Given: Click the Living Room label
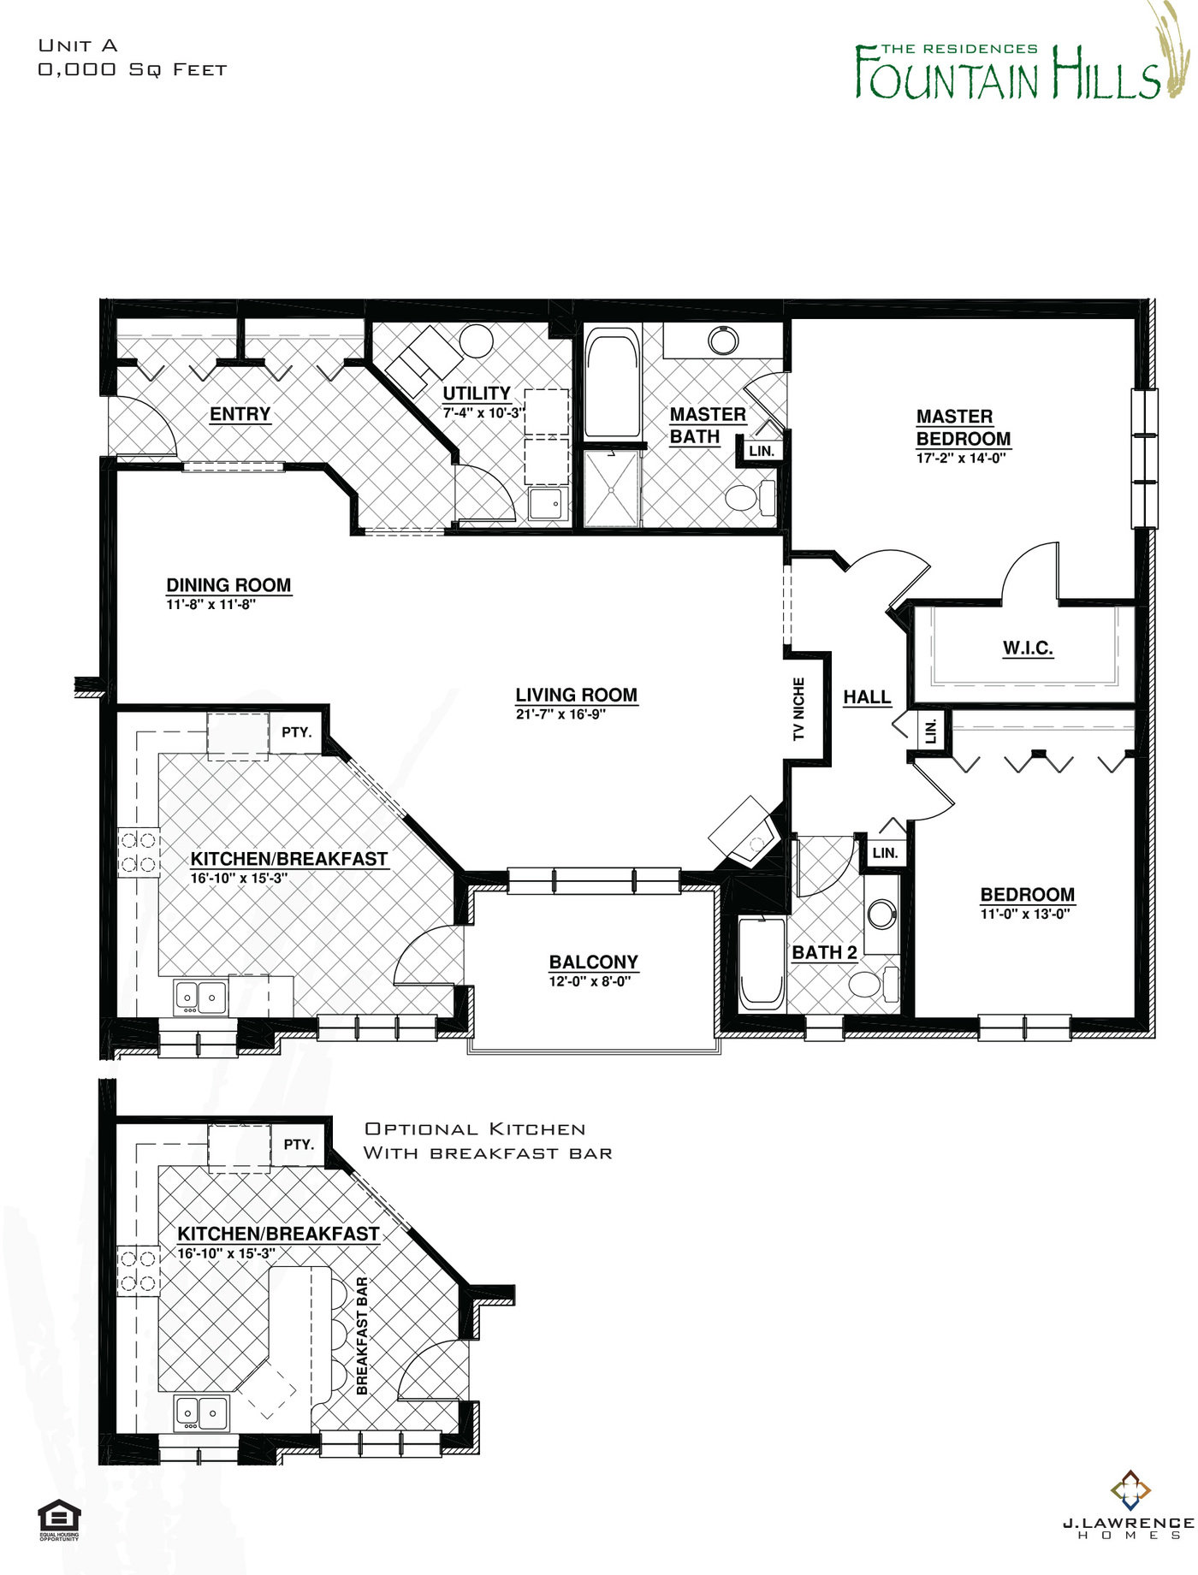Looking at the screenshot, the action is click(576, 695).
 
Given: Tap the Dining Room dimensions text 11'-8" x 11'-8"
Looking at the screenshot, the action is click(211, 604).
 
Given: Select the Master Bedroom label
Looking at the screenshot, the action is click(963, 428).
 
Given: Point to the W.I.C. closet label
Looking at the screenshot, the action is click(1028, 648).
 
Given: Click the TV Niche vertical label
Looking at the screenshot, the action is click(798, 709).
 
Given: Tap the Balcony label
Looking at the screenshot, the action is click(593, 962).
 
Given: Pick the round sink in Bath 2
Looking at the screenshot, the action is click(881, 914).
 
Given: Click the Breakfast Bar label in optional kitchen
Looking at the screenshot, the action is click(361, 1335).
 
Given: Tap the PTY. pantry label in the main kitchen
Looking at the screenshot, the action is click(296, 732).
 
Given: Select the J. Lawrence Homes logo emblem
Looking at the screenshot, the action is click(1130, 1490).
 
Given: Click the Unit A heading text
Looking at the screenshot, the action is click(78, 45).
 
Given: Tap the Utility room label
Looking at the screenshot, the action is click(476, 393).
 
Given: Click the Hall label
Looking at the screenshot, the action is click(867, 697).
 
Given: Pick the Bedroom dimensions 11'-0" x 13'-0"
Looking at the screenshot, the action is click(1025, 914).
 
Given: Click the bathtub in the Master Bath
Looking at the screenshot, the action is click(612, 382).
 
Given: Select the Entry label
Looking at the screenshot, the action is click(240, 414).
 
